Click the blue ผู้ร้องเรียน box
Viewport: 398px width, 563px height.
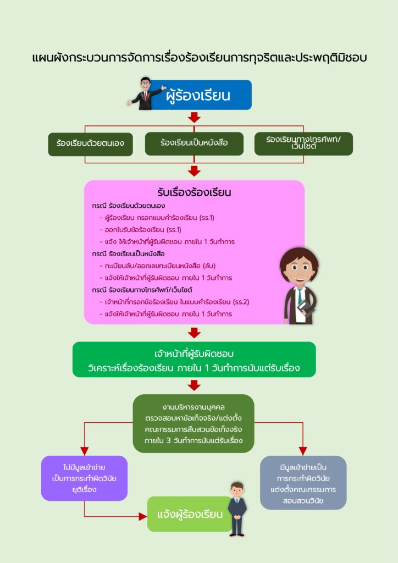coord(206,95)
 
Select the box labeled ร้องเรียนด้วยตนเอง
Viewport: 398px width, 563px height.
coord(90,143)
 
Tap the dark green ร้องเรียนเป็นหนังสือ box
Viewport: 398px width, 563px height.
coord(194,143)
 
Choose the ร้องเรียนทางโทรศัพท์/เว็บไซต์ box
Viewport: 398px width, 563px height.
coord(303,143)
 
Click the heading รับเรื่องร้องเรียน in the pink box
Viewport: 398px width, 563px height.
coord(194,192)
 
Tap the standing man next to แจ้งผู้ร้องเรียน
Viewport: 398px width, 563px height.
coord(237,509)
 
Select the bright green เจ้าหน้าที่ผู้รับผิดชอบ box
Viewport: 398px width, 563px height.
coord(194,360)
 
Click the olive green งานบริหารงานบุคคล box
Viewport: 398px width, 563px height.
coord(194,423)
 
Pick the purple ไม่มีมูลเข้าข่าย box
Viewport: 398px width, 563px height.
coord(84,478)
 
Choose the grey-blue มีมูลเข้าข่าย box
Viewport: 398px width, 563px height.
coord(303,482)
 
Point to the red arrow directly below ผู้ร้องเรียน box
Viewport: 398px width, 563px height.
coord(194,117)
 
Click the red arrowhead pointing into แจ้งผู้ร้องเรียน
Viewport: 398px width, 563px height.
coord(142,516)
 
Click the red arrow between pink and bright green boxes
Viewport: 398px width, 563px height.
coord(194,333)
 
